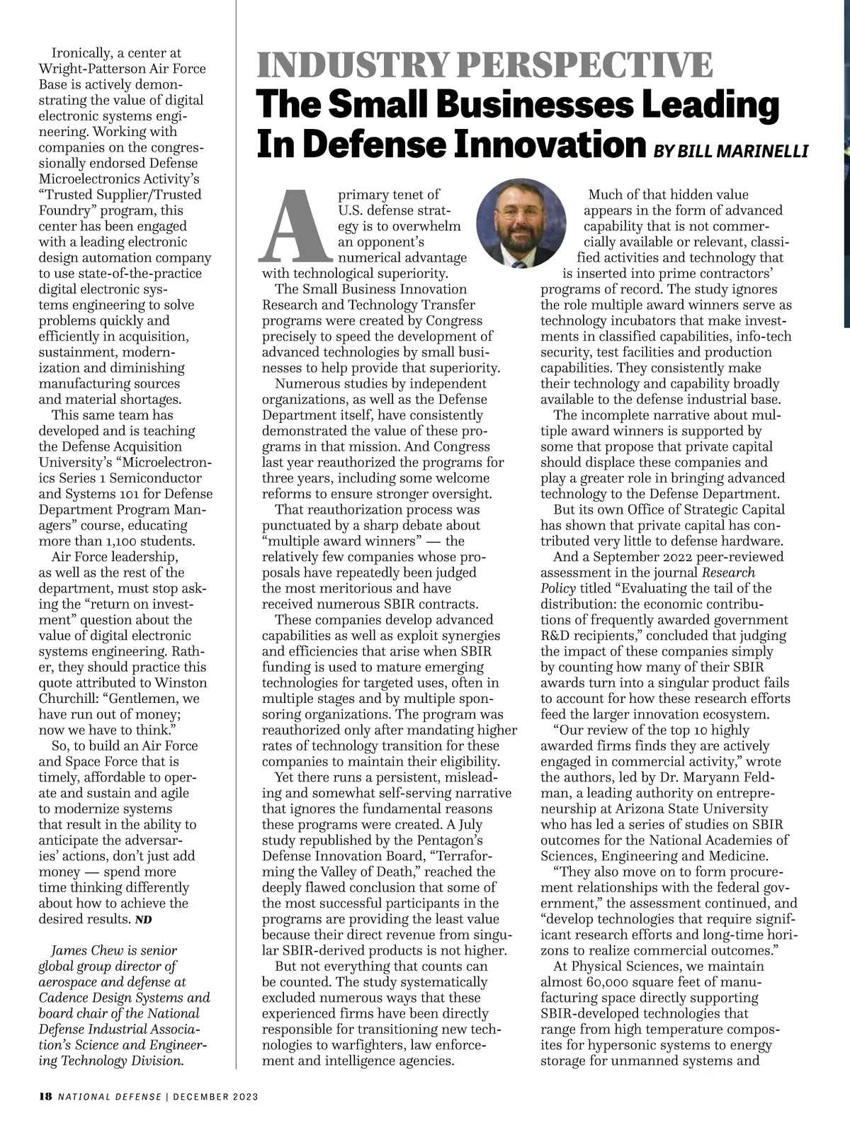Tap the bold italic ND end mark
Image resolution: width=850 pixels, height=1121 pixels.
pyautogui.click(x=143, y=920)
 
